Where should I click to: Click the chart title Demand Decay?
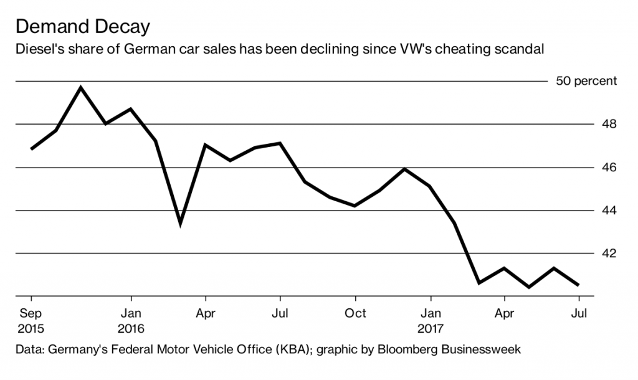click(83, 27)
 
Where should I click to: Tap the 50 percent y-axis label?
click(586, 81)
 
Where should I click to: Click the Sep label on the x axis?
click(31, 313)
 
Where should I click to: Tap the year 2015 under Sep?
click(32, 328)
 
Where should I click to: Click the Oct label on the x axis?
click(355, 313)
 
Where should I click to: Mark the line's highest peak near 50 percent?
click(80, 87)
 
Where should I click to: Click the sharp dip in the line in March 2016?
click(180, 223)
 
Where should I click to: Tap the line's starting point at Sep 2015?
click(31, 149)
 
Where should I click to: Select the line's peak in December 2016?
click(405, 169)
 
